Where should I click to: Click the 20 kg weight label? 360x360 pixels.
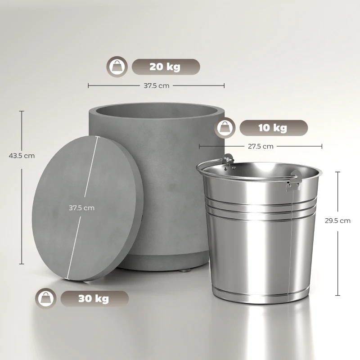tap(165, 67)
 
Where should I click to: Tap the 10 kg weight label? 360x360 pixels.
tap(273, 128)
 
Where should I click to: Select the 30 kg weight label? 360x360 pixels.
tap(94, 298)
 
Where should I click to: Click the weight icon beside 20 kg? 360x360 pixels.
tap(117, 67)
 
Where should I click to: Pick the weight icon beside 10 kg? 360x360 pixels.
tap(225, 128)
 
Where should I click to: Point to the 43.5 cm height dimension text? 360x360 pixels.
tap(22, 156)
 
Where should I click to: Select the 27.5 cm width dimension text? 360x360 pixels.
tap(261, 146)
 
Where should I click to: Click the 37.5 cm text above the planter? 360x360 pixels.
tap(157, 85)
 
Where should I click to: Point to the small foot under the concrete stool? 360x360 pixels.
tap(185, 272)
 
